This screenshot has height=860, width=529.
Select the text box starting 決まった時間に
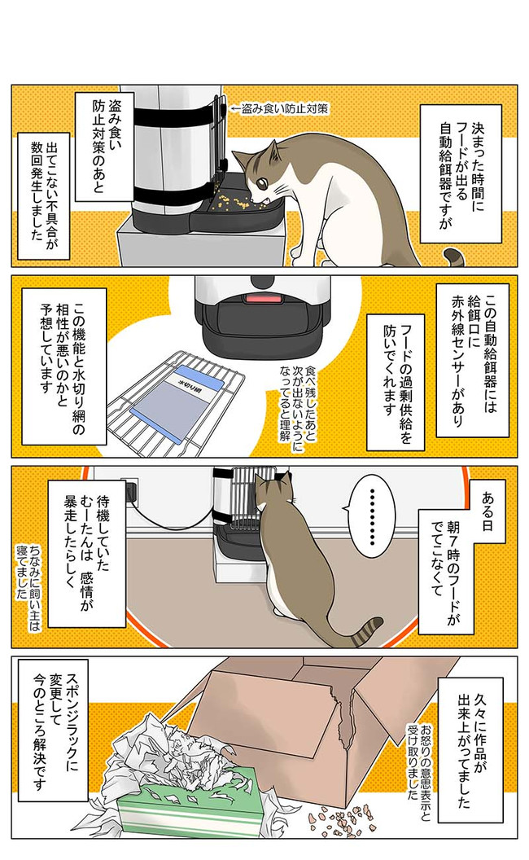coord(461,173)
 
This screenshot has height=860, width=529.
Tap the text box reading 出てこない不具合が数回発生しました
coord(44,195)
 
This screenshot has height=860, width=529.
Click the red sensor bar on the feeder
coord(262,298)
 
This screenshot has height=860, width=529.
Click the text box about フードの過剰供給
coord(396,381)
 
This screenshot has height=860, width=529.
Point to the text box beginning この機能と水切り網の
coord(64,366)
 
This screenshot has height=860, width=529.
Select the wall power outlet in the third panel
coord(131,489)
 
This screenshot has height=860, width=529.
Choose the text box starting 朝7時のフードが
coord(446,571)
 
